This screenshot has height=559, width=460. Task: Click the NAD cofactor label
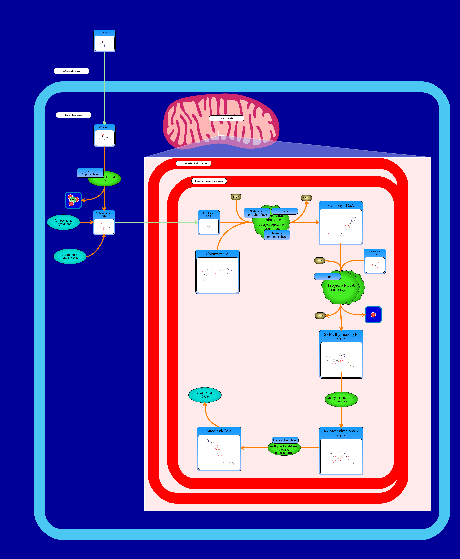(236, 197)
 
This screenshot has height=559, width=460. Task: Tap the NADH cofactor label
(306, 198)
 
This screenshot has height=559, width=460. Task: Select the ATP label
(320, 261)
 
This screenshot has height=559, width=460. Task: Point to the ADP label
(320, 315)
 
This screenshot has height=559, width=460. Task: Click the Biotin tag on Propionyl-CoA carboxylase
(327, 277)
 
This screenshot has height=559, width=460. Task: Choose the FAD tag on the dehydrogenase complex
(284, 211)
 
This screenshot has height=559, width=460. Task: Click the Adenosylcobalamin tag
(285, 440)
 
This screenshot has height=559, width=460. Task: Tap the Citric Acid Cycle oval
(205, 395)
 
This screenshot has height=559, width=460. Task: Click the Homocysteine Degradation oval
(63, 222)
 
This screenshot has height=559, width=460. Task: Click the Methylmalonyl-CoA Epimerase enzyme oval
(341, 399)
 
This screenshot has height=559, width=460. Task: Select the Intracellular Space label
(74, 115)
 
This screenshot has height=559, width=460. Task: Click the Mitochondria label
(227, 118)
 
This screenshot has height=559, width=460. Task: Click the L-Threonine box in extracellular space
(104, 41)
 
